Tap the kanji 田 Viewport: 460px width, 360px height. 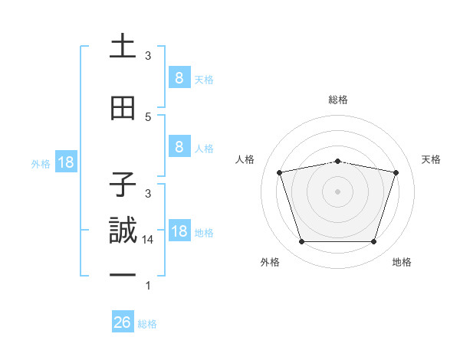123,109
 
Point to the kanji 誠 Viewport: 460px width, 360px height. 123,231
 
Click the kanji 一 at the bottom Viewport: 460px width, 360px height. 123,273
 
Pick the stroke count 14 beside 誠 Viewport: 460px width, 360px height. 149,239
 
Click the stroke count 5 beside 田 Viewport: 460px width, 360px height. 149,117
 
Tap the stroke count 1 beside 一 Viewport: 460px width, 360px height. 148,286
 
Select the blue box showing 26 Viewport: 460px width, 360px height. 123,323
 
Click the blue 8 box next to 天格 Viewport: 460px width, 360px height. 179,78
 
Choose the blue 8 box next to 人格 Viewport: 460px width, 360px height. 179,148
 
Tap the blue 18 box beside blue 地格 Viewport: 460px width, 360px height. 179,232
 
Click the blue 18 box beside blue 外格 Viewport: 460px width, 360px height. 65,163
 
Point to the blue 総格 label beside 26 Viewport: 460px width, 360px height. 147,324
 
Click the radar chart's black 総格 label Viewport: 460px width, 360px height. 338,100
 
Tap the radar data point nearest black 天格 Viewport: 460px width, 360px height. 396,172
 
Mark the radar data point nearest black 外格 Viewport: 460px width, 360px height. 301,242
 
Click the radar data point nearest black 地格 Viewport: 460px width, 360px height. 373,242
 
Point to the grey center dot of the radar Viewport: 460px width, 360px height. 337,191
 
